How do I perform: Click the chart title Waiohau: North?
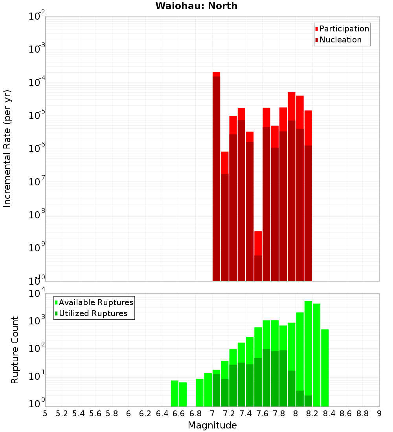(x=196, y=6)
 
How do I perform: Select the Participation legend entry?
(x=344, y=29)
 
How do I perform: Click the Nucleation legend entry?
(x=340, y=40)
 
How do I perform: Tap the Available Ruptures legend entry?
(x=95, y=302)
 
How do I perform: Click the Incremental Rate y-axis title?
(x=7, y=148)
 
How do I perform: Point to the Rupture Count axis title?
(x=15, y=350)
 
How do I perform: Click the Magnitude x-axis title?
(x=212, y=425)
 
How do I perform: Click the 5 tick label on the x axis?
(x=45, y=414)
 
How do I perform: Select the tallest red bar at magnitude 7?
(x=216, y=177)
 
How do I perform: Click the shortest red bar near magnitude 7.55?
(x=258, y=255)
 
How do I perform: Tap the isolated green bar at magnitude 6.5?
(x=174, y=393)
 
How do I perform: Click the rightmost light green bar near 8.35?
(x=325, y=367)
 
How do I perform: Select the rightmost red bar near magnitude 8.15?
(x=308, y=196)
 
